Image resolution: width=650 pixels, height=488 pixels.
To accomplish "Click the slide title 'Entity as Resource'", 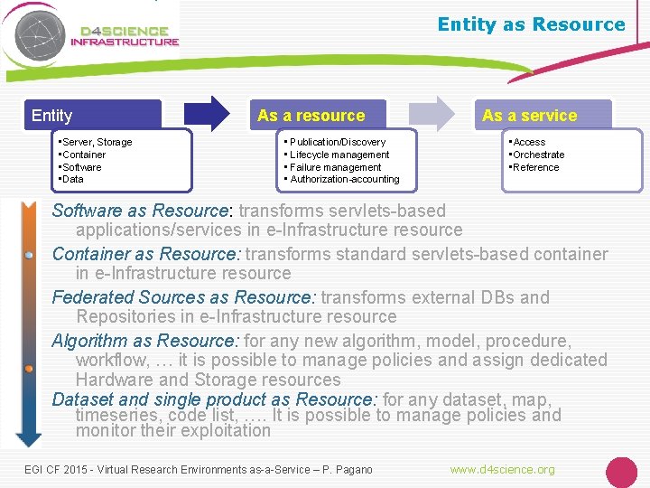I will tap(531, 24).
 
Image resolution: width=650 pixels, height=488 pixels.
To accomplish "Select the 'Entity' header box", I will tap(95, 115).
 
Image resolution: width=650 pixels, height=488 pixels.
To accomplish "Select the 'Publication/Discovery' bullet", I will tap(338, 142).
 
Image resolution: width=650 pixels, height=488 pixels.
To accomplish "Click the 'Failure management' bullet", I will tap(336, 167).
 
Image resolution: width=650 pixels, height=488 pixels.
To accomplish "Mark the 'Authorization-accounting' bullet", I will tap(345, 179).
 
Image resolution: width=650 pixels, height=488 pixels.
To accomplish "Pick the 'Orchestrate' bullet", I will tap(539, 155).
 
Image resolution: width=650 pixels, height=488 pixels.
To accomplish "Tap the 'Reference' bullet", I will tap(536, 167).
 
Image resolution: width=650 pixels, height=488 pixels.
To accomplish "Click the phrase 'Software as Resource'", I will tap(141, 211).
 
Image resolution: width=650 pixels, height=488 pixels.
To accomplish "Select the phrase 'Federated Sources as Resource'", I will tap(183, 297).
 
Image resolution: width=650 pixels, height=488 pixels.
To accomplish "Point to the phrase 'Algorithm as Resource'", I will tap(144, 341).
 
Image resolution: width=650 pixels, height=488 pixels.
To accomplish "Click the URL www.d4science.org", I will tap(503, 469).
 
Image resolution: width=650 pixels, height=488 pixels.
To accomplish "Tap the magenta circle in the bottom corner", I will tap(621, 472).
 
